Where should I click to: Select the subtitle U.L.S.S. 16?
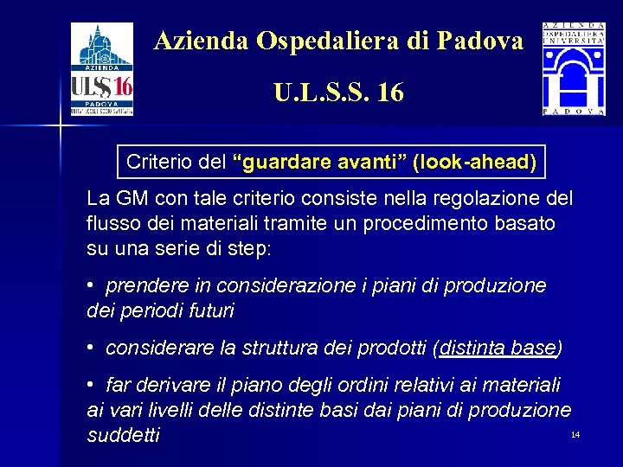click(x=338, y=93)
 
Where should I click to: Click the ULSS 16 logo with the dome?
click(x=102, y=70)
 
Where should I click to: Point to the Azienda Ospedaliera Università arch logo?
click(x=574, y=70)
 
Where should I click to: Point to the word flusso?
click(x=113, y=223)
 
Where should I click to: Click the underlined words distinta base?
click(x=498, y=348)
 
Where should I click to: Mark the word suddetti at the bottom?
click(x=124, y=434)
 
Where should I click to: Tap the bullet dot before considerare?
click(x=91, y=348)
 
